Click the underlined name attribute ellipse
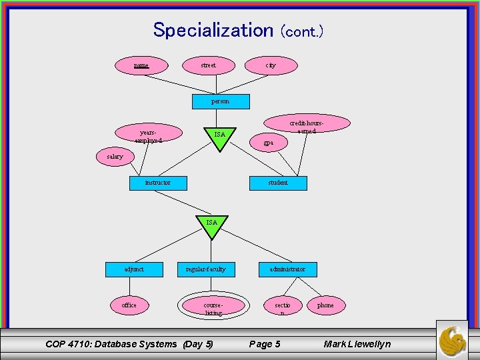(141, 65)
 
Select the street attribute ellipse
(208, 65)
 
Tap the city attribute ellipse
(270, 65)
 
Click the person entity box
(220, 101)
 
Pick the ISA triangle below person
(219, 135)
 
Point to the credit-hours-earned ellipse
(307, 125)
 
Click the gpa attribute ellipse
(267, 143)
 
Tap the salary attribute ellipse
(115, 157)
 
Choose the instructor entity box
(158, 183)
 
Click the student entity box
(278, 183)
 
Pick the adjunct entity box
(134, 269)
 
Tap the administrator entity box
(287, 269)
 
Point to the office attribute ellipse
(129, 305)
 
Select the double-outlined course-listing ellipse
(213, 307)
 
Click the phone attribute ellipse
(325, 305)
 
